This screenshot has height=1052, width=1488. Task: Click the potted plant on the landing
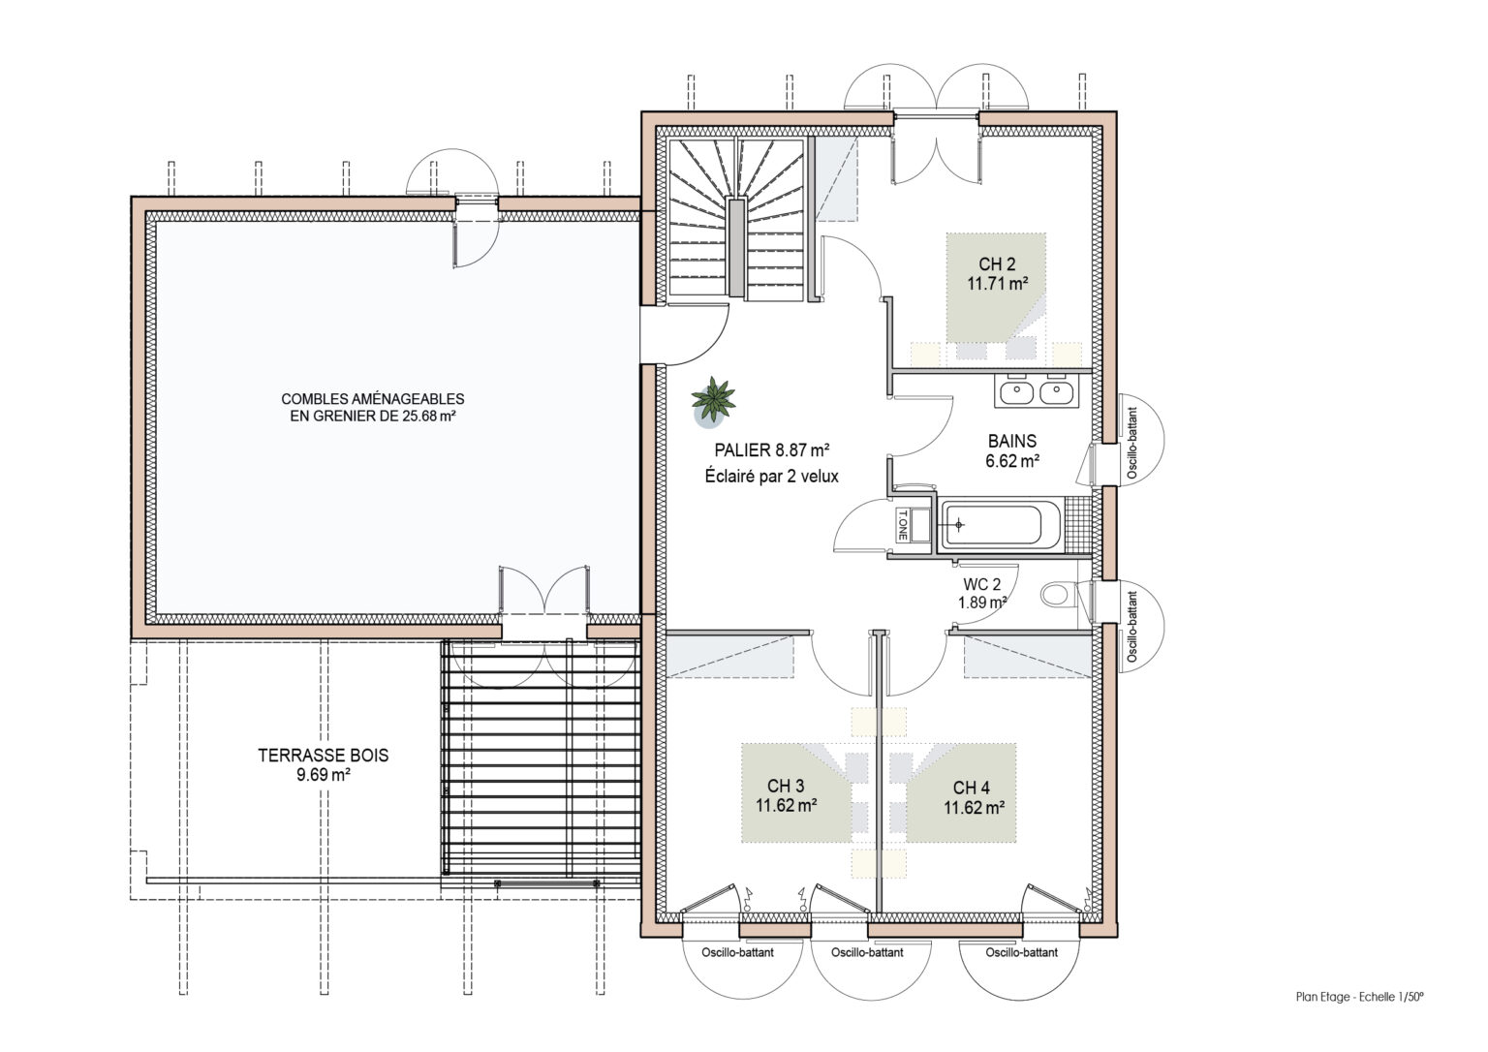[713, 400]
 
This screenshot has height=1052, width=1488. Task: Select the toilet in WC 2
[1059, 595]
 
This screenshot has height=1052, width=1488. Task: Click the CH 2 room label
[997, 264]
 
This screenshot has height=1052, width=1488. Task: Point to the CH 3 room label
[786, 786]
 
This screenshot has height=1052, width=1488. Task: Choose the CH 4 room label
[972, 788]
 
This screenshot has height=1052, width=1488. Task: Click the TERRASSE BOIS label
[324, 756]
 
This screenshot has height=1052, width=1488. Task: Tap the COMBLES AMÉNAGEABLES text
[373, 399]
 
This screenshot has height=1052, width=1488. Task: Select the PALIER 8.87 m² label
[772, 450]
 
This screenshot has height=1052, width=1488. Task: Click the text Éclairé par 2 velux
[772, 477]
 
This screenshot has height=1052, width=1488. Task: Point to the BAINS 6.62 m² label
[1012, 450]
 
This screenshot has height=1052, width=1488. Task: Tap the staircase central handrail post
[735, 247]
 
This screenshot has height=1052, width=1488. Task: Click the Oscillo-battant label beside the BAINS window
[1132, 443]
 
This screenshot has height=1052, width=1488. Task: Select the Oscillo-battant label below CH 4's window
[1022, 952]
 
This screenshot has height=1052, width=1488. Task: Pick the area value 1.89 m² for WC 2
[981, 603]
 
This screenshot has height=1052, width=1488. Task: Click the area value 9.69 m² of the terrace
[324, 774]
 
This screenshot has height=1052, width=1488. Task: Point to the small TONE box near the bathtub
[903, 525]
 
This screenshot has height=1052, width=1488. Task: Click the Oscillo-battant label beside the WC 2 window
[1132, 627]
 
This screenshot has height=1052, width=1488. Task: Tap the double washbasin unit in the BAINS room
[1037, 391]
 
